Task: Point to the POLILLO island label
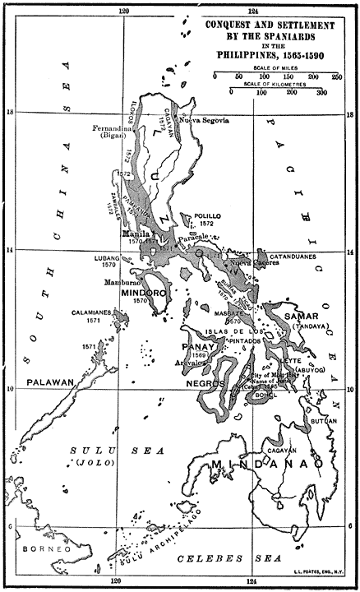tap(209, 215)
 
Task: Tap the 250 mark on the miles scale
tap(335, 76)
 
